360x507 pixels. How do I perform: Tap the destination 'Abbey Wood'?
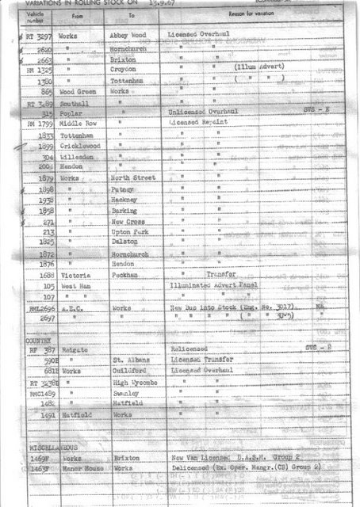pyautogui.click(x=130, y=36)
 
